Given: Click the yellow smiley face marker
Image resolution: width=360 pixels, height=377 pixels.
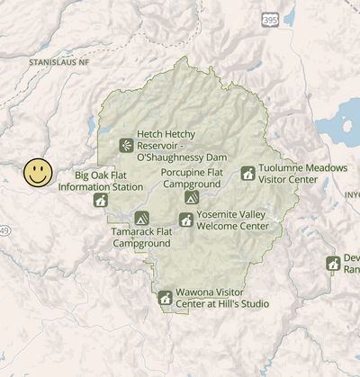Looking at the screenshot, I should (38, 173).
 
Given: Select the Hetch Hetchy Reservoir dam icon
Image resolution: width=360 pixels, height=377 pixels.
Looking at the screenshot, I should (125, 145).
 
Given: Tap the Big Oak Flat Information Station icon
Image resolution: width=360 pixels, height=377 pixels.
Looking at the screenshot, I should (101, 200).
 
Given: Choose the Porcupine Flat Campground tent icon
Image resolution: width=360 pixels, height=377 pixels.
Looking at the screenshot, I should (191, 197).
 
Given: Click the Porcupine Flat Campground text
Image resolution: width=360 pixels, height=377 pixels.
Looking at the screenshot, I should (191, 177).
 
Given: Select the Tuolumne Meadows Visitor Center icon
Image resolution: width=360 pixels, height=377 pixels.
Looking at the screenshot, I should (247, 173).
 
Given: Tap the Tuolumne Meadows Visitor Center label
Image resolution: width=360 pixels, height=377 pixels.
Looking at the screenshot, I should (301, 174).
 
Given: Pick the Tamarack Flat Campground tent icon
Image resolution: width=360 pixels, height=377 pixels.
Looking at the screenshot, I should (141, 217).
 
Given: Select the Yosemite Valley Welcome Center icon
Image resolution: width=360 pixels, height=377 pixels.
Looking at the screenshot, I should (186, 220).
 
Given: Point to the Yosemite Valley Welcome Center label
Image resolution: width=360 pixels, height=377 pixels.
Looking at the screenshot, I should (231, 220).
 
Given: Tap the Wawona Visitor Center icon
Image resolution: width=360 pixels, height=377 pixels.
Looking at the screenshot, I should (165, 298).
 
